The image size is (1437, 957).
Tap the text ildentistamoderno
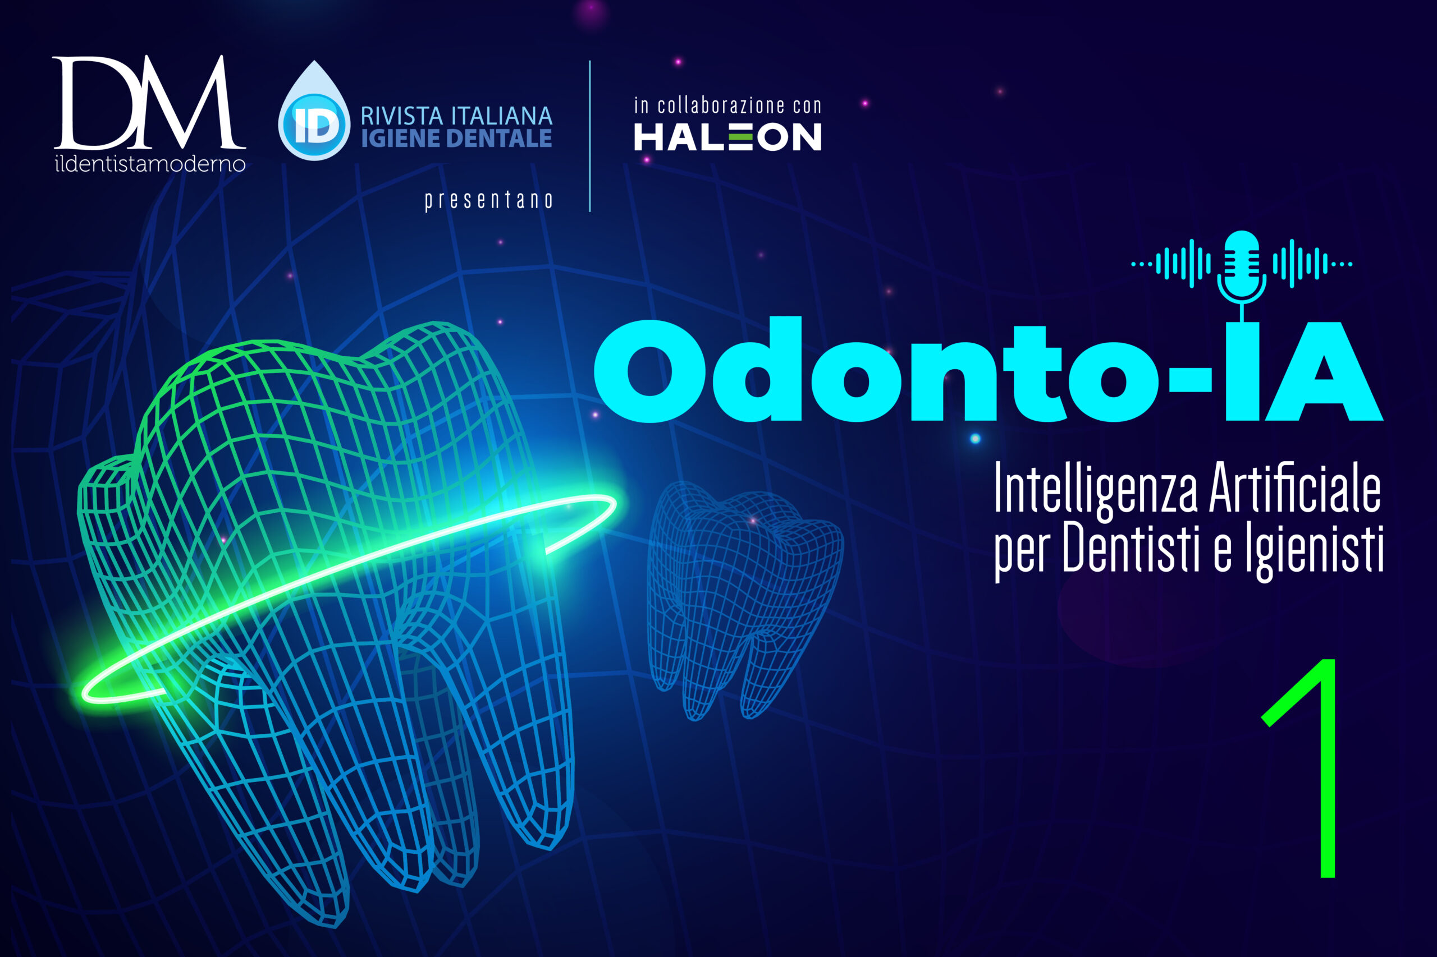pos(150,164)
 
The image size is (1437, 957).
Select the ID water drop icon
pos(314,111)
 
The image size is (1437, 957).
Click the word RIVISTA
pos(401,116)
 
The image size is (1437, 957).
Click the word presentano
pos(488,200)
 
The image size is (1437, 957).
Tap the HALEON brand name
pos(727,137)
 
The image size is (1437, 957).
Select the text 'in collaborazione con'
pos(727,105)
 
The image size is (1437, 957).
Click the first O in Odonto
pos(649,371)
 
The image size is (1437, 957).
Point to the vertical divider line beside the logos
pos(589,136)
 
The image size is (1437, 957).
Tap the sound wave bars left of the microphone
pos(1171,264)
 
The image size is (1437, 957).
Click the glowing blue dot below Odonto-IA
pos(974,438)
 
